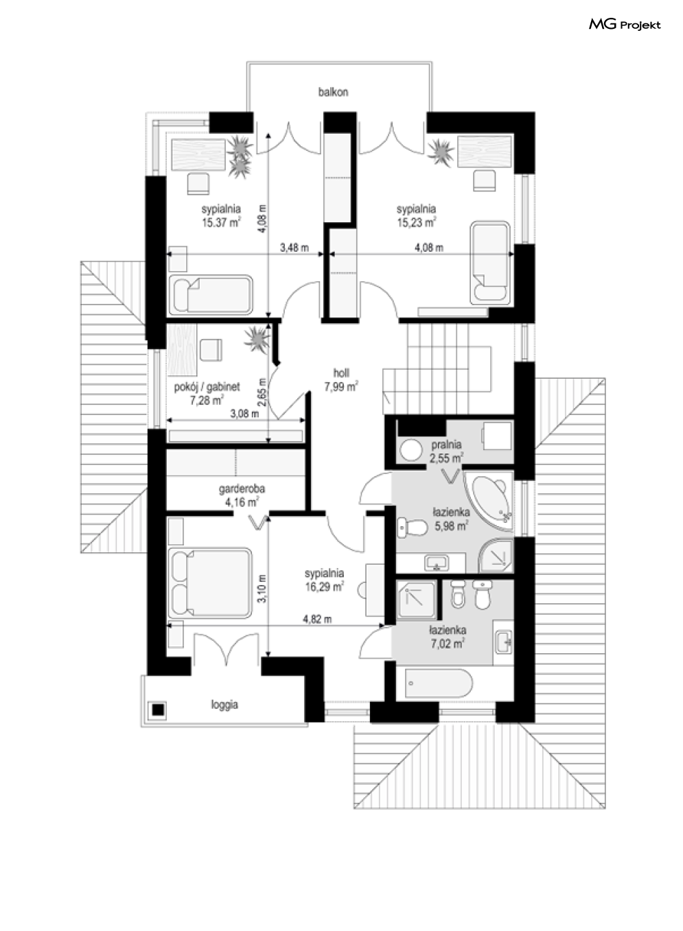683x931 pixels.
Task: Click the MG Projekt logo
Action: pyautogui.click(x=625, y=25)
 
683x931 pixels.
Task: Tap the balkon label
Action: pyautogui.click(x=333, y=92)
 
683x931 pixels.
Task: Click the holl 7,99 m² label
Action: pyautogui.click(x=341, y=380)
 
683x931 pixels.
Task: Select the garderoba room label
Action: pyautogui.click(x=242, y=488)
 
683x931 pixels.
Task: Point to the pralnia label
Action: pyautogui.click(x=446, y=445)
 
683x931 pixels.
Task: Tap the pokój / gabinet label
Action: pyautogui.click(x=207, y=387)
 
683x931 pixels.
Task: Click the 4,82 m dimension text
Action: pyautogui.click(x=317, y=620)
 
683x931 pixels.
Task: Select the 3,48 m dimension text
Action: pyautogui.click(x=294, y=248)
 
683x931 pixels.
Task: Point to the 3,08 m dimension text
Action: pyautogui.click(x=244, y=414)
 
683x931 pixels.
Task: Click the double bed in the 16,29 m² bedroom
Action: pyautogui.click(x=210, y=583)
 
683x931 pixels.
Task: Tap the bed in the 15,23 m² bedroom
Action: pyautogui.click(x=490, y=263)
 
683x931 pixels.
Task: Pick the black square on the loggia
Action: pyautogui.click(x=158, y=709)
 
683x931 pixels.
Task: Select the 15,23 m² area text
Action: pyautogui.click(x=417, y=222)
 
